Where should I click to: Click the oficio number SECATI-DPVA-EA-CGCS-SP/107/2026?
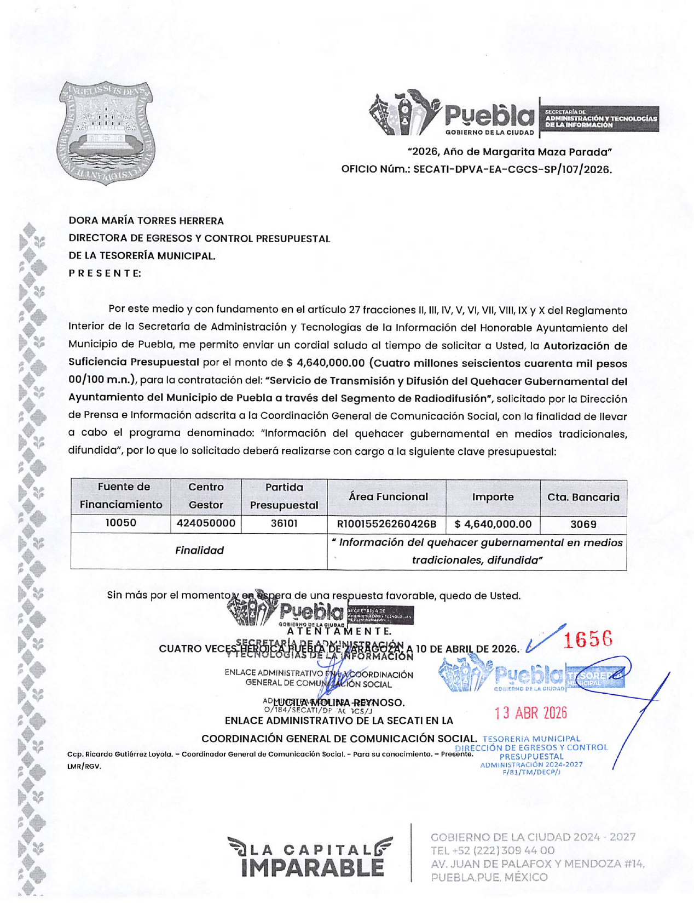(512, 169)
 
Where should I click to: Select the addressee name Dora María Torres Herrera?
(146, 221)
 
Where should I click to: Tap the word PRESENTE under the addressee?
(105, 273)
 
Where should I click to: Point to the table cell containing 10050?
(120, 523)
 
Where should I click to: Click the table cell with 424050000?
(206, 523)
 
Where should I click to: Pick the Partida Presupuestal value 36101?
(284, 524)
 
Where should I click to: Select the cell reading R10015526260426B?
(386, 524)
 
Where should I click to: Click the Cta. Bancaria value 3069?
(583, 524)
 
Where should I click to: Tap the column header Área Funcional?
(388, 497)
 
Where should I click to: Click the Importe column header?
(493, 497)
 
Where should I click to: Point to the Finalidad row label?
(199, 551)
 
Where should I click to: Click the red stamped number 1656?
(588, 639)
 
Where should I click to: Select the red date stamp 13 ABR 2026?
(530, 713)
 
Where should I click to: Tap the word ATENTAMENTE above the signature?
(339, 631)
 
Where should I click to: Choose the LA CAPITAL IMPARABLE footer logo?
(310, 859)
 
